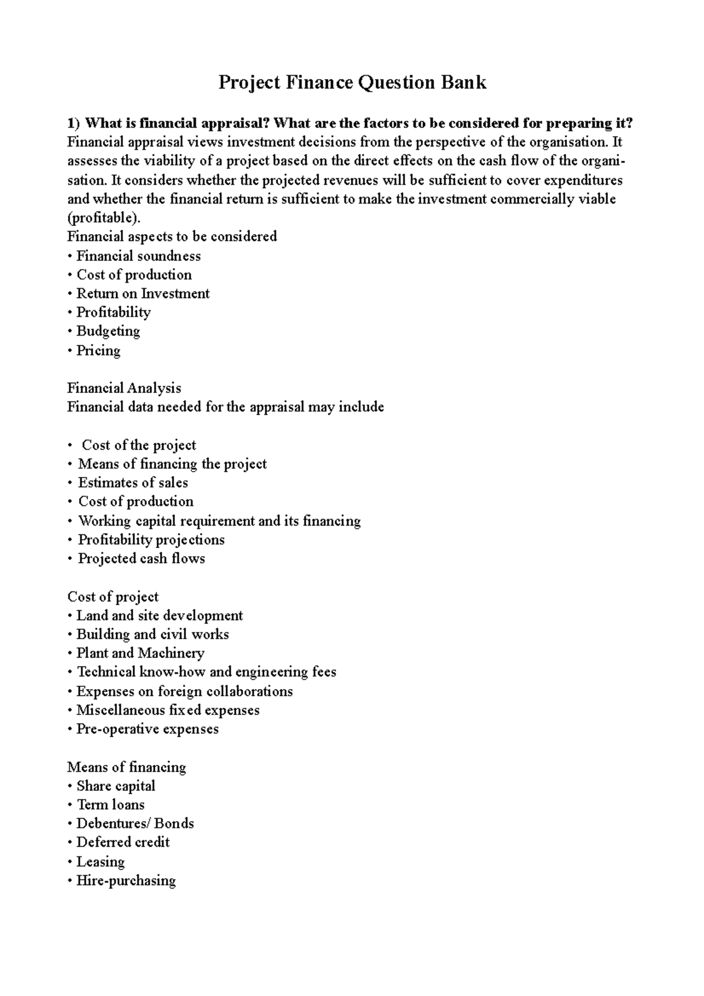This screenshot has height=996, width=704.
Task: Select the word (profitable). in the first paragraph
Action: pyautogui.click(x=104, y=218)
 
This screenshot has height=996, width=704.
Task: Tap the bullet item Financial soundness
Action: pyautogui.click(x=138, y=256)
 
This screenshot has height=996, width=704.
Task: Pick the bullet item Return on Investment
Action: pyautogui.click(x=143, y=293)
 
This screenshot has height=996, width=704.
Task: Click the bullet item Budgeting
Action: pyautogui.click(x=108, y=331)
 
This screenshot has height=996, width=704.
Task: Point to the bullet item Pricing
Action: pyautogui.click(x=98, y=350)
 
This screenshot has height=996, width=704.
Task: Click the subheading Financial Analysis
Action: pyautogui.click(x=124, y=388)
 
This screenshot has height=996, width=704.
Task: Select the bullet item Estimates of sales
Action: pyautogui.click(x=133, y=483)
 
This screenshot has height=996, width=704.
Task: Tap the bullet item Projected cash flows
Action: pyautogui.click(x=141, y=558)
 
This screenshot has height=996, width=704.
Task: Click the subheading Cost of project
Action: pyautogui.click(x=113, y=597)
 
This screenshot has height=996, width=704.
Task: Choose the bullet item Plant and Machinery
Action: pyautogui.click(x=140, y=653)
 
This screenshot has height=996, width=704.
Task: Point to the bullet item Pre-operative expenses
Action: pyautogui.click(x=147, y=729)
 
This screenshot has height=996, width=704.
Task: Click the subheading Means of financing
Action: pyautogui.click(x=126, y=767)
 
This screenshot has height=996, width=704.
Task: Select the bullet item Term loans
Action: pyautogui.click(x=110, y=804)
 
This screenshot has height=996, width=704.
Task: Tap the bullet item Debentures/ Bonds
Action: pyautogui.click(x=135, y=823)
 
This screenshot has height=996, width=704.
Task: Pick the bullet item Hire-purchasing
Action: pyautogui.click(x=126, y=880)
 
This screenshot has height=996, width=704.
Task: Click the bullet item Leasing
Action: pyautogui.click(x=100, y=861)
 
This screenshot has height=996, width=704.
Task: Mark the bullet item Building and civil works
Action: pyautogui.click(x=153, y=634)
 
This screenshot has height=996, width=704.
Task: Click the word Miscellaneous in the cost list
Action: pyautogui.click(x=121, y=710)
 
